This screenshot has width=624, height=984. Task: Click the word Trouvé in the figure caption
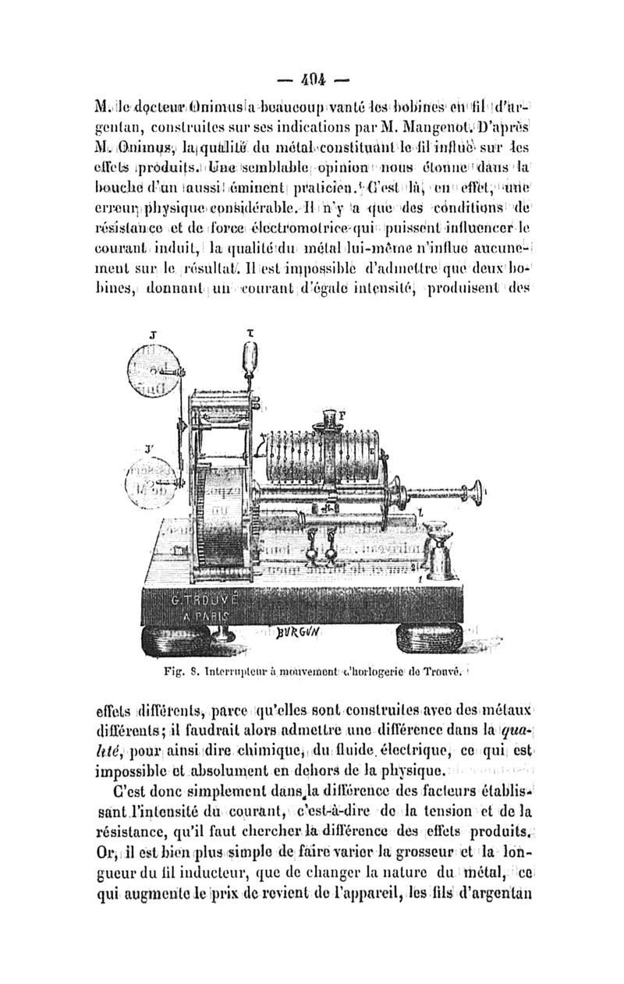tap(450, 669)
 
